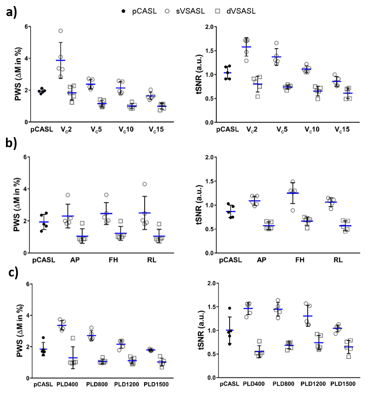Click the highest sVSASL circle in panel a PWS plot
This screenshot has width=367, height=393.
click(60, 31)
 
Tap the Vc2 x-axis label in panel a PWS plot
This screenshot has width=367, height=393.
click(66, 129)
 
